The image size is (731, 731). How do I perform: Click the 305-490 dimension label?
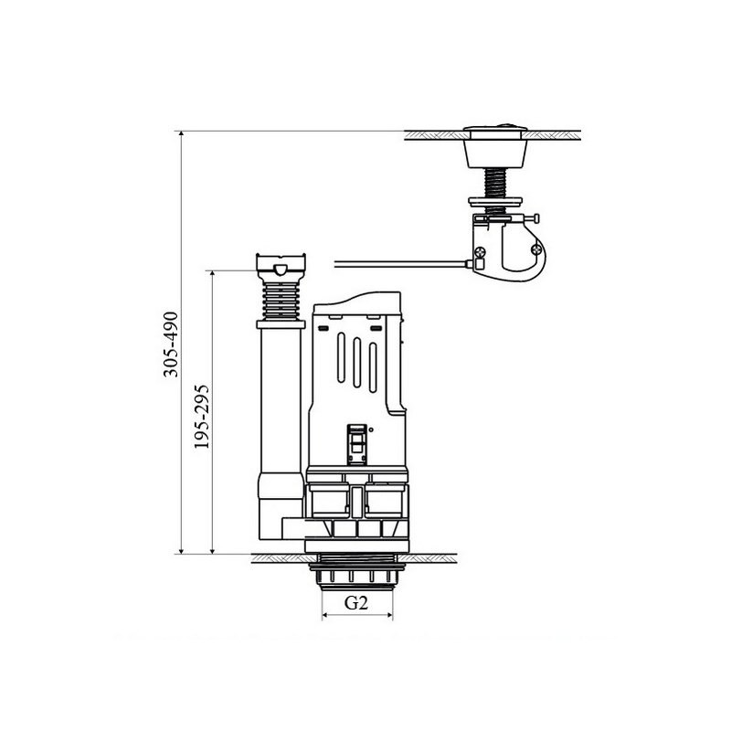coord(171,344)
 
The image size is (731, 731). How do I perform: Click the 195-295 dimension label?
coord(202,417)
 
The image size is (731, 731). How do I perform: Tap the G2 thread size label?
coord(356,603)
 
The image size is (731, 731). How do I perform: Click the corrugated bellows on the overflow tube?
coord(281,302)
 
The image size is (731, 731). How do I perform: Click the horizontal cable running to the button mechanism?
coord(401,264)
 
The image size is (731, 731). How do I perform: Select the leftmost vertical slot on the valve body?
coord(341,357)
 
